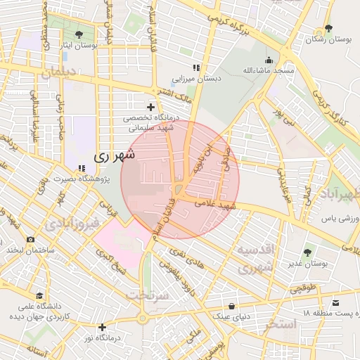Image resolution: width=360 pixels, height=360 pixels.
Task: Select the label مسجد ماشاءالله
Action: [x=266, y=71]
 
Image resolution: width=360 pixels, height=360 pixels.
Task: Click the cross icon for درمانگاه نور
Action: [x=103, y=327]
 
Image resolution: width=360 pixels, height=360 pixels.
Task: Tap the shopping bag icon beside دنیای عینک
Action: [x=233, y=305]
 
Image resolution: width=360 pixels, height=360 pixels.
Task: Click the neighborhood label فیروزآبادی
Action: [x=68, y=225]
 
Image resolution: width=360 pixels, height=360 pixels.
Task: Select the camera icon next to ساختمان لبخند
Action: [x=30, y=240]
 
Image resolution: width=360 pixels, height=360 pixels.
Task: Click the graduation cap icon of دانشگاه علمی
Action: [x=40, y=296]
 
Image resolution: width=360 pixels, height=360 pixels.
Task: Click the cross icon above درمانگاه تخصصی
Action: [x=150, y=106]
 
